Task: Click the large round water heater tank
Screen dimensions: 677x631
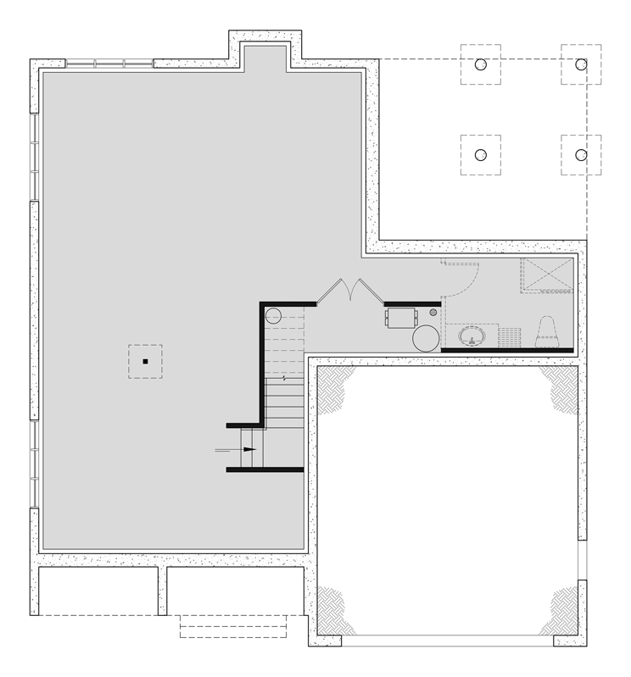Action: coord(426,338)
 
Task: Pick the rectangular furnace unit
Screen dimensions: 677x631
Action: coord(400,318)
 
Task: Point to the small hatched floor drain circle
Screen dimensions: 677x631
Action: coord(433,313)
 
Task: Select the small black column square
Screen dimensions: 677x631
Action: coord(146,362)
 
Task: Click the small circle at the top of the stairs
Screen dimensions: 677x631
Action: coord(274,317)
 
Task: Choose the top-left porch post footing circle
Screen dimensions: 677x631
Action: coord(480,64)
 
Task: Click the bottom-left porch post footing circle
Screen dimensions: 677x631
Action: coord(480,155)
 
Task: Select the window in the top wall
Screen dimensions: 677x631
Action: coord(109,63)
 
